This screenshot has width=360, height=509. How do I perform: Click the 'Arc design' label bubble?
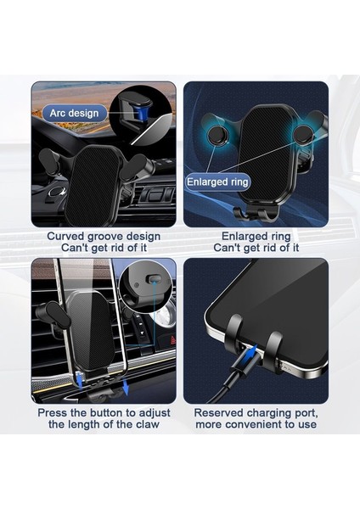point(74,112)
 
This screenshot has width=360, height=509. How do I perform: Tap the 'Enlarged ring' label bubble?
point(217,182)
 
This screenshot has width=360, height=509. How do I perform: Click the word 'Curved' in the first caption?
point(65,237)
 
